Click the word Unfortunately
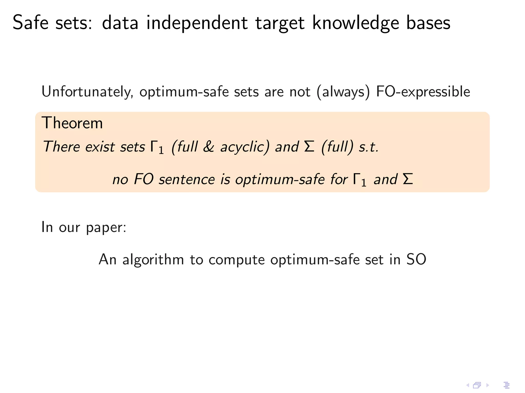[x=87, y=92]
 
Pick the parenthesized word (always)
[x=344, y=92]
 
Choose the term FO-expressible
[x=423, y=92]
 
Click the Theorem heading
[x=72, y=123]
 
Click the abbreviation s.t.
[x=368, y=147]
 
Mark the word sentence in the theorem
[x=187, y=179]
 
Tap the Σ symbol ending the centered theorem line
[x=408, y=179]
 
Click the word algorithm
[x=153, y=260]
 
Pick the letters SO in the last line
[x=416, y=259]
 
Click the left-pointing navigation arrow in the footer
[x=468, y=385]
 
